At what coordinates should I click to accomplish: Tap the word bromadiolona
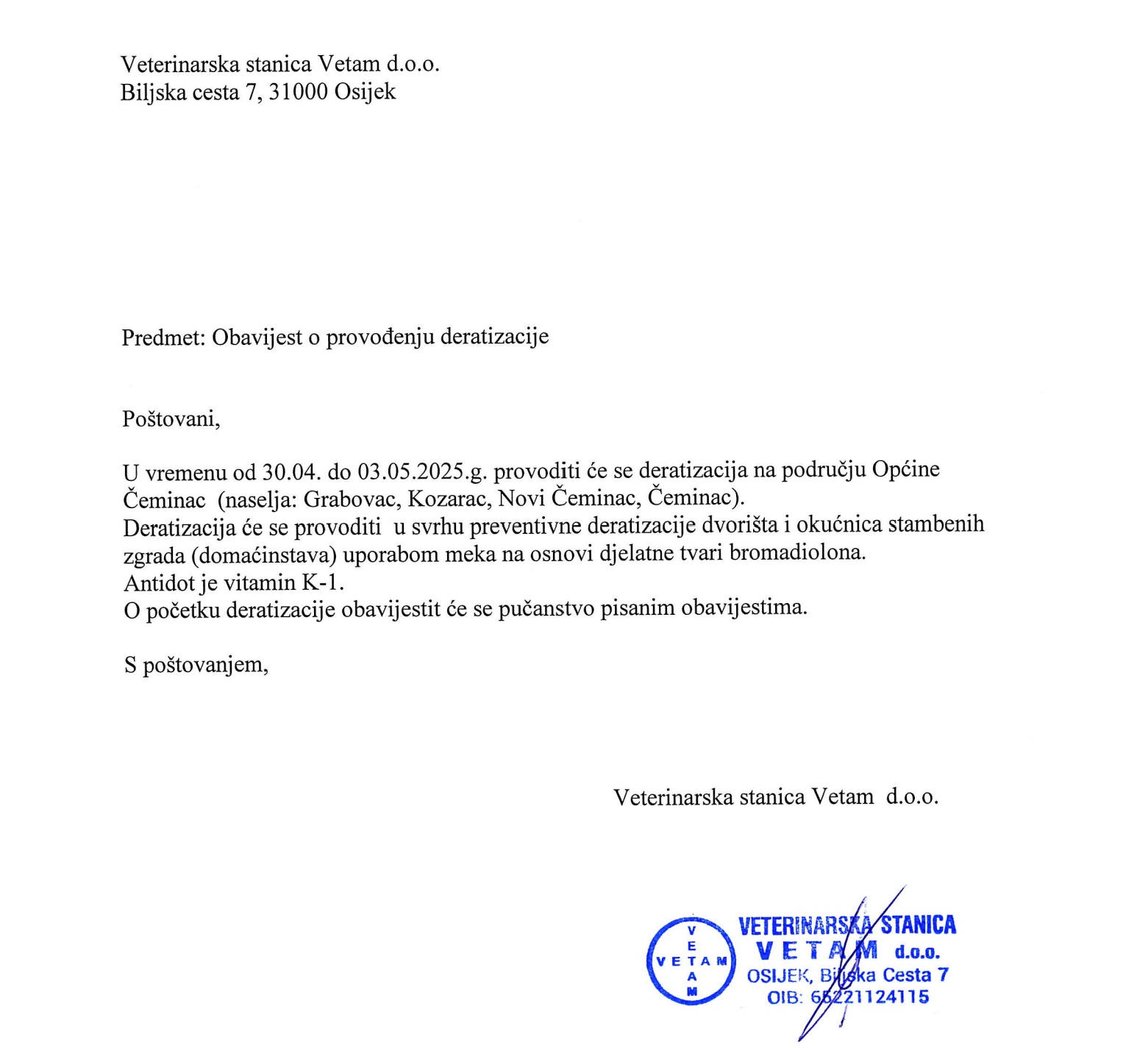coord(797,553)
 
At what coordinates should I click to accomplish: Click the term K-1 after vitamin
coord(323,582)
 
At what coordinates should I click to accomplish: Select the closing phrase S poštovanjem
coord(196,665)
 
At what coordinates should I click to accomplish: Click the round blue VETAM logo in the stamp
coord(691,960)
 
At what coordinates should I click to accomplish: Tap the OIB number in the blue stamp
coord(869,997)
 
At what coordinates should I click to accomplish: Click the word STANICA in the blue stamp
coord(919,925)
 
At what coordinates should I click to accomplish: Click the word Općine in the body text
coord(905,470)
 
